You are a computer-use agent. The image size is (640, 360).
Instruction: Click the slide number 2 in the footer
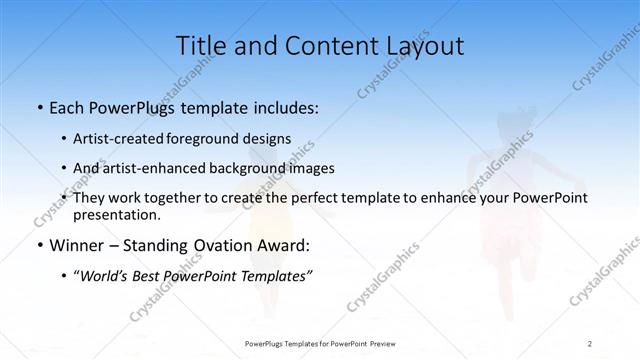click(590, 343)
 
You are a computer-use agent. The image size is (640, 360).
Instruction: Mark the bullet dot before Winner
click(38, 245)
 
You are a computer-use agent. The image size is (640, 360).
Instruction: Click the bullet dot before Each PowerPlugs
click(38, 107)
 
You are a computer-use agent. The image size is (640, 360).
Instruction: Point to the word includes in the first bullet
click(287, 107)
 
